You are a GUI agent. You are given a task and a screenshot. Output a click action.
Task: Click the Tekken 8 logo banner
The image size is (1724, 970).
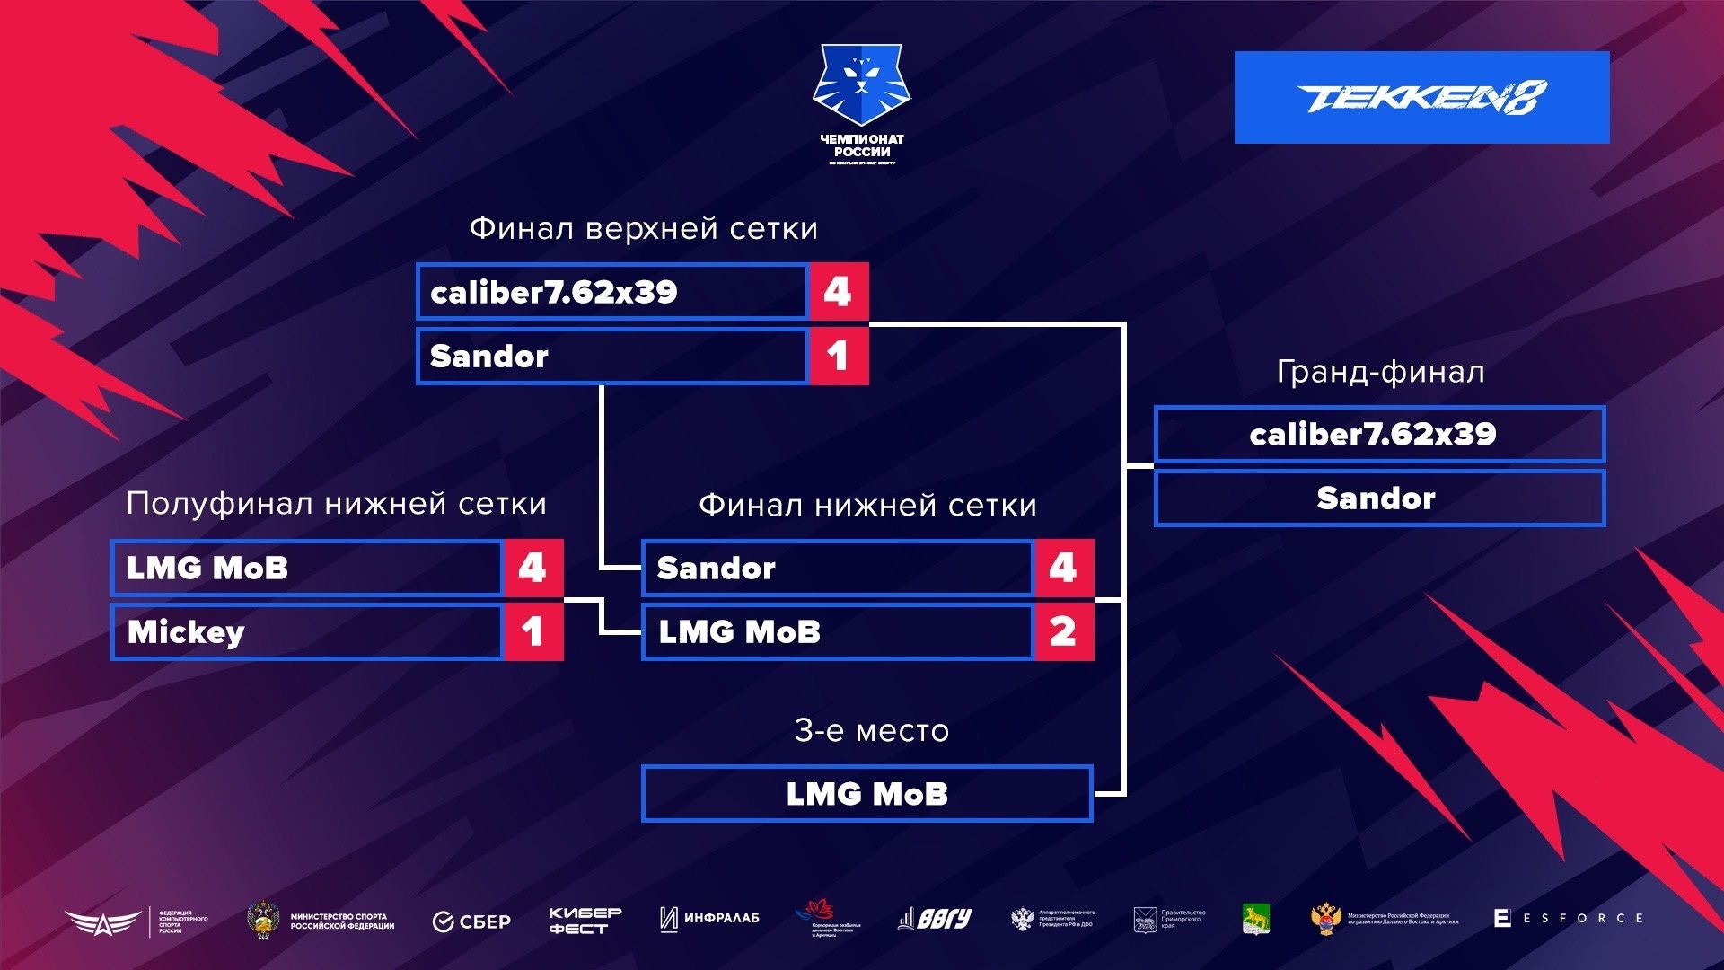tap(1421, 97)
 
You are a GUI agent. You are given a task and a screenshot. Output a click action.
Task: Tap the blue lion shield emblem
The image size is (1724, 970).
tap(861, 85)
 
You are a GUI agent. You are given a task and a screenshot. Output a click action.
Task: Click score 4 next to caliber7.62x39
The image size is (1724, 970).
tap(838, 292)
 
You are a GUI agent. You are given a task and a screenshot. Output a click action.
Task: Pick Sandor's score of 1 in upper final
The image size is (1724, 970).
tap(838, 357)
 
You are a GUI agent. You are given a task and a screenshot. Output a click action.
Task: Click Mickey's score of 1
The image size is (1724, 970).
tap(533, 632)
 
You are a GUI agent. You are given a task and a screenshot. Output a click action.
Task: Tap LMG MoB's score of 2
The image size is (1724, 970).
tap(1064, 632)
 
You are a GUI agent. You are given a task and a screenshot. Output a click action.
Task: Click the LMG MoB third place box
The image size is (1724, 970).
tap(867, 794)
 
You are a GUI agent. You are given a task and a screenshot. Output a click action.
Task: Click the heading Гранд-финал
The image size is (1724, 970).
tap(1380, 372)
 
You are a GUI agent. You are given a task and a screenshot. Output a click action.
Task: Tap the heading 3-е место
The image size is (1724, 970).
tap(871, 731)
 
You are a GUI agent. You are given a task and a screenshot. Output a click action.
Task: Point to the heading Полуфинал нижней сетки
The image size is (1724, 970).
tap(336, 504)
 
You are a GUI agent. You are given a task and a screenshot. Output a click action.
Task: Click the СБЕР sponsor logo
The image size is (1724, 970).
tap(471, 921)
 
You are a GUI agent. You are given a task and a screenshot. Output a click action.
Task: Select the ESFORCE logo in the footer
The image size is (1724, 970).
tap(1568, 918)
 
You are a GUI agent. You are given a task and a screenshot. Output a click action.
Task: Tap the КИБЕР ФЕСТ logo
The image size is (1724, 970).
tap(585, 921)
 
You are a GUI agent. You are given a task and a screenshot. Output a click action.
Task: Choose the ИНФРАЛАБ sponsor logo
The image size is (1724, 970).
tap(709, 918)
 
